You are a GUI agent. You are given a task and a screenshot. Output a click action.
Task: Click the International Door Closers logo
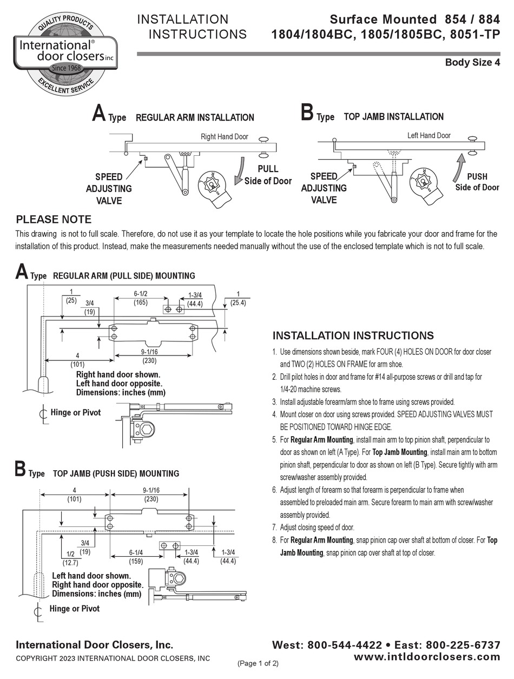click(64, 52)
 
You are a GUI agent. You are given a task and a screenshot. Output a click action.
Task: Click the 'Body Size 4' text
click(472, 62)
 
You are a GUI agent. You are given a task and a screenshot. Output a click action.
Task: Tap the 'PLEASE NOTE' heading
click(54, 220)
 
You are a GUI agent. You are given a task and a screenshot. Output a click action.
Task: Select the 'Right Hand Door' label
click(225, 137)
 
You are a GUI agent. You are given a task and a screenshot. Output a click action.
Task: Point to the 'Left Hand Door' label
click(429, 136)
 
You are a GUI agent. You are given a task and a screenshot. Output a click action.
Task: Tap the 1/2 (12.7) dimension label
click(68, 558)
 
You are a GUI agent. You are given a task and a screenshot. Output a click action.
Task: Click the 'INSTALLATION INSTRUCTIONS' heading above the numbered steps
click(353, 335)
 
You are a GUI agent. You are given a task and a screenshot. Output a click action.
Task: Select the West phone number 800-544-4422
click(345, 645)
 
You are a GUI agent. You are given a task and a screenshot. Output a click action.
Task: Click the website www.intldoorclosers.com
click(426, 656)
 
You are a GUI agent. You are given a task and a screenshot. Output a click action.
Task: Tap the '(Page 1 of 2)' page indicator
click(258, 663)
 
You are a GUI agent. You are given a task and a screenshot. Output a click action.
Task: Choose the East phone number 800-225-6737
click(463, 645)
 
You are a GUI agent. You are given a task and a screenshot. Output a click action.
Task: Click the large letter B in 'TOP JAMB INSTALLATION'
click(307, 114)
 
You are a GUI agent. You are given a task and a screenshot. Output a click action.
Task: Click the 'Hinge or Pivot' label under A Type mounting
click(75, 413)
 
